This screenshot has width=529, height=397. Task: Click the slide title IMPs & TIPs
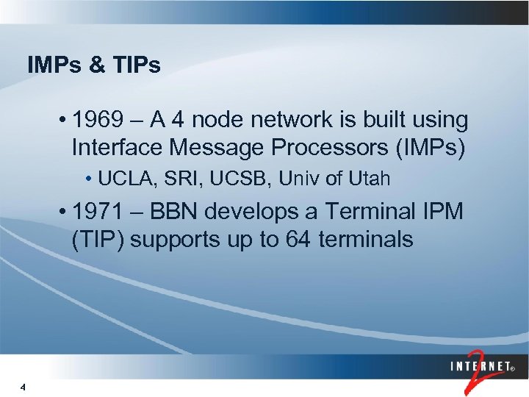[x=93, y=65]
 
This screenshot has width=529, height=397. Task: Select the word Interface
[x=117, y=147]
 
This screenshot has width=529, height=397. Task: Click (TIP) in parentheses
[x=98, y=239]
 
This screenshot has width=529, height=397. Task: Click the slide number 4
[x=24, y=387]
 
